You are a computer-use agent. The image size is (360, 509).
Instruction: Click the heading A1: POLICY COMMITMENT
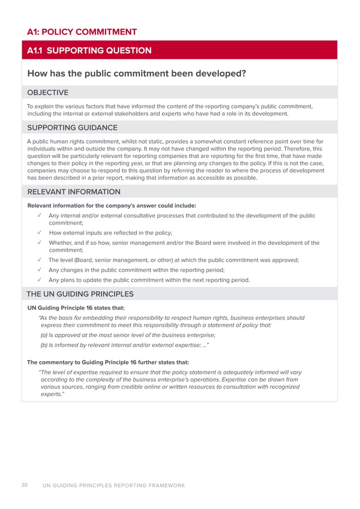82,32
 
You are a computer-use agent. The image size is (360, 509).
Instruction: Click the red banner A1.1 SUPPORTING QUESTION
90,51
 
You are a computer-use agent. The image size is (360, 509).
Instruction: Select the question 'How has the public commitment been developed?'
136,73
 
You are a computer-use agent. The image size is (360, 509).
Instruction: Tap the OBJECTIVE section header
48,93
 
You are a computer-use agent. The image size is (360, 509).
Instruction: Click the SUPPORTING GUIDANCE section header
72,128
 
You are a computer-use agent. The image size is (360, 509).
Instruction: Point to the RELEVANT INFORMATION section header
73,192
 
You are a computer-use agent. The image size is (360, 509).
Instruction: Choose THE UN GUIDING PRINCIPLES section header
80,294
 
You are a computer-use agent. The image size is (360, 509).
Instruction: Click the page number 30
25,485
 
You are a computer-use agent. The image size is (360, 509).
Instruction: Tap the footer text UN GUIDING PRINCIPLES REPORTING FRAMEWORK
113,485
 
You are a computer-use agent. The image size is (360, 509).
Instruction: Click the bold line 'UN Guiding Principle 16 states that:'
76,308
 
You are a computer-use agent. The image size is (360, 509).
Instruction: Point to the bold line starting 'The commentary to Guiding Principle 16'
108,362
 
